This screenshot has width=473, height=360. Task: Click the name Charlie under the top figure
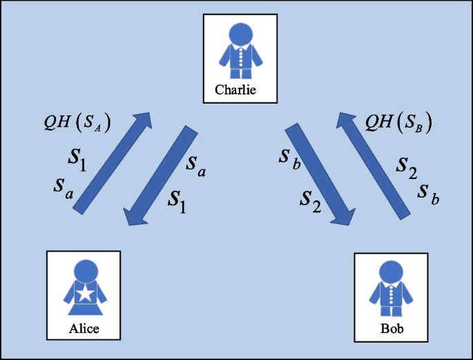pyautogui.click(x=236, y=90)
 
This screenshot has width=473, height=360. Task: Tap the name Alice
pyautogui.click(x=84, y=328)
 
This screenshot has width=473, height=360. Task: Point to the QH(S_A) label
pyautogui.click(x=77, y=124)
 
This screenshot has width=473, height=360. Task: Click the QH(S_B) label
pyautogui.click(x=398, y=124)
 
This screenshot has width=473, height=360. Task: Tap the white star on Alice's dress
pyautogui.click(x=84, y=294)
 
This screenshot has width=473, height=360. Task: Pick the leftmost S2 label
pyautogui.click(x=310, y=201)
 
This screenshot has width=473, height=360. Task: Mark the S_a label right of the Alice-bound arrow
pyautogui.click(x=196, y=165)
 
